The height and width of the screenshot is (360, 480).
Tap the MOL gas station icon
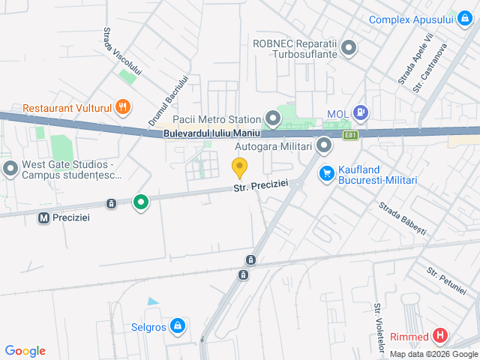point(361,113)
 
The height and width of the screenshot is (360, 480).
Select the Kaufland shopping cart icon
point(326,173)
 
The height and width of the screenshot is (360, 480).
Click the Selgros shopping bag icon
point(178,325)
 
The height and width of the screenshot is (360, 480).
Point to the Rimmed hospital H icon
point(440,336)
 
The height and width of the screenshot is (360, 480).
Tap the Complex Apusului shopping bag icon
point(464,19)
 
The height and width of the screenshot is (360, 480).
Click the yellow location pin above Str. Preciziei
point(239,168)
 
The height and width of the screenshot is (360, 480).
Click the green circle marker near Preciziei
point(140,202)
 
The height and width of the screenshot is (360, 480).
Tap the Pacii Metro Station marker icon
point(272,118)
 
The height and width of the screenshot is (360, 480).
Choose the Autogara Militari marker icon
point(324,145)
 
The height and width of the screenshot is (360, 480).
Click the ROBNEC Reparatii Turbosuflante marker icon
point(348,49)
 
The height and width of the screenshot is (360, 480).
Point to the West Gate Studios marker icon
point(10,168)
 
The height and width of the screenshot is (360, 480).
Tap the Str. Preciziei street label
point(260,188)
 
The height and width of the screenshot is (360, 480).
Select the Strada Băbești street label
point(402,217)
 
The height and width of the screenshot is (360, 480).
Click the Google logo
point(25,351)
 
